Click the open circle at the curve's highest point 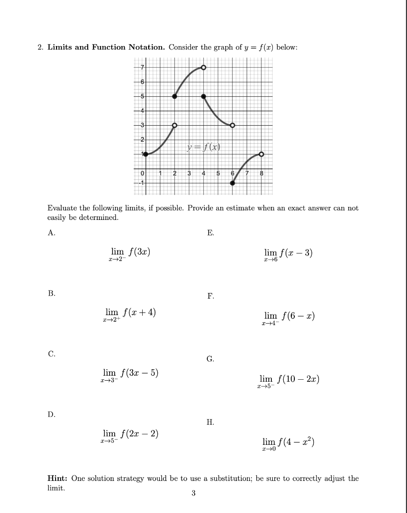(203, 68)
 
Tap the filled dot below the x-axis (232, 183)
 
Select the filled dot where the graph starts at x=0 (146, 154)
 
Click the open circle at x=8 (261, 154)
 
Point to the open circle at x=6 (232, 125)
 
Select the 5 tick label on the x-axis (218, 173)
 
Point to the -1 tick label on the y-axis (141, 183)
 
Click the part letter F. (210, 297)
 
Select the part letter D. (52, 414)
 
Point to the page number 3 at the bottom (193, 493)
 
